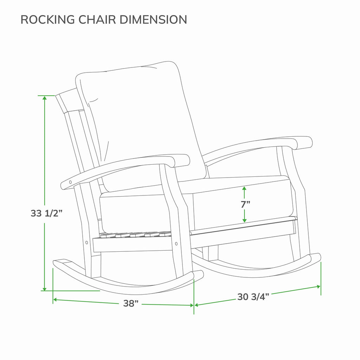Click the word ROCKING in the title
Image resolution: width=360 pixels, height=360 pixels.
tap(48, 20)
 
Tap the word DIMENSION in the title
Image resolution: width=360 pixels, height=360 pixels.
tap(153, 20)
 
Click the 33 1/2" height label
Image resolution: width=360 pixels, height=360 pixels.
tap(47, 213)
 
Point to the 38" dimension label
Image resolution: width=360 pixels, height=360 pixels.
tap(131, 303)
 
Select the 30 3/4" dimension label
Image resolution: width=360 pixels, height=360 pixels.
tap(253, 297)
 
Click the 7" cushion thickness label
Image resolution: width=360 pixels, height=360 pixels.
tap(245, 204)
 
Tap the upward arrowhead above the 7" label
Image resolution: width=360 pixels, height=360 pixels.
tap(244, 188)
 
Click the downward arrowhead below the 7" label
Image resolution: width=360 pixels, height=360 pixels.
tap(244, 220)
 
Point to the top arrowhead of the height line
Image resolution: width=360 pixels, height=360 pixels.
tap(45, 98)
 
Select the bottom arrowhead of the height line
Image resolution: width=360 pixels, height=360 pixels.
tap(45, 289)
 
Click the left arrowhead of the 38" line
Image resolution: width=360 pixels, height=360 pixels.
tap(55, 300)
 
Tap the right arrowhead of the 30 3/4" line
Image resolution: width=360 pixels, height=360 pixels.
tap(318, 287)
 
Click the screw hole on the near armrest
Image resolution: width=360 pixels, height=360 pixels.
tap(70, 182)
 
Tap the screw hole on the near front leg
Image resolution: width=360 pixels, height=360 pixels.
tap(176, 244)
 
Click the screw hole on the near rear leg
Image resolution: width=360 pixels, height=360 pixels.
tap(86, 242)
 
